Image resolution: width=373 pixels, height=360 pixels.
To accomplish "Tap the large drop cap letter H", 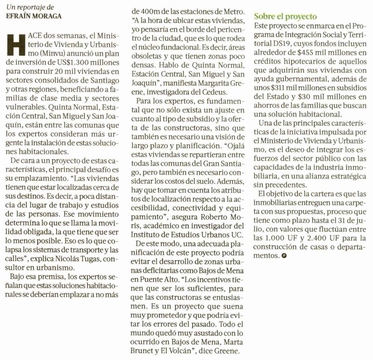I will pos(16,42).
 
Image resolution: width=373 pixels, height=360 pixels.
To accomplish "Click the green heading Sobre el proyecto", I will pos(286,16).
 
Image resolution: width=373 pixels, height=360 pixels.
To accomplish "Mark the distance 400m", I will pos(146,11).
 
